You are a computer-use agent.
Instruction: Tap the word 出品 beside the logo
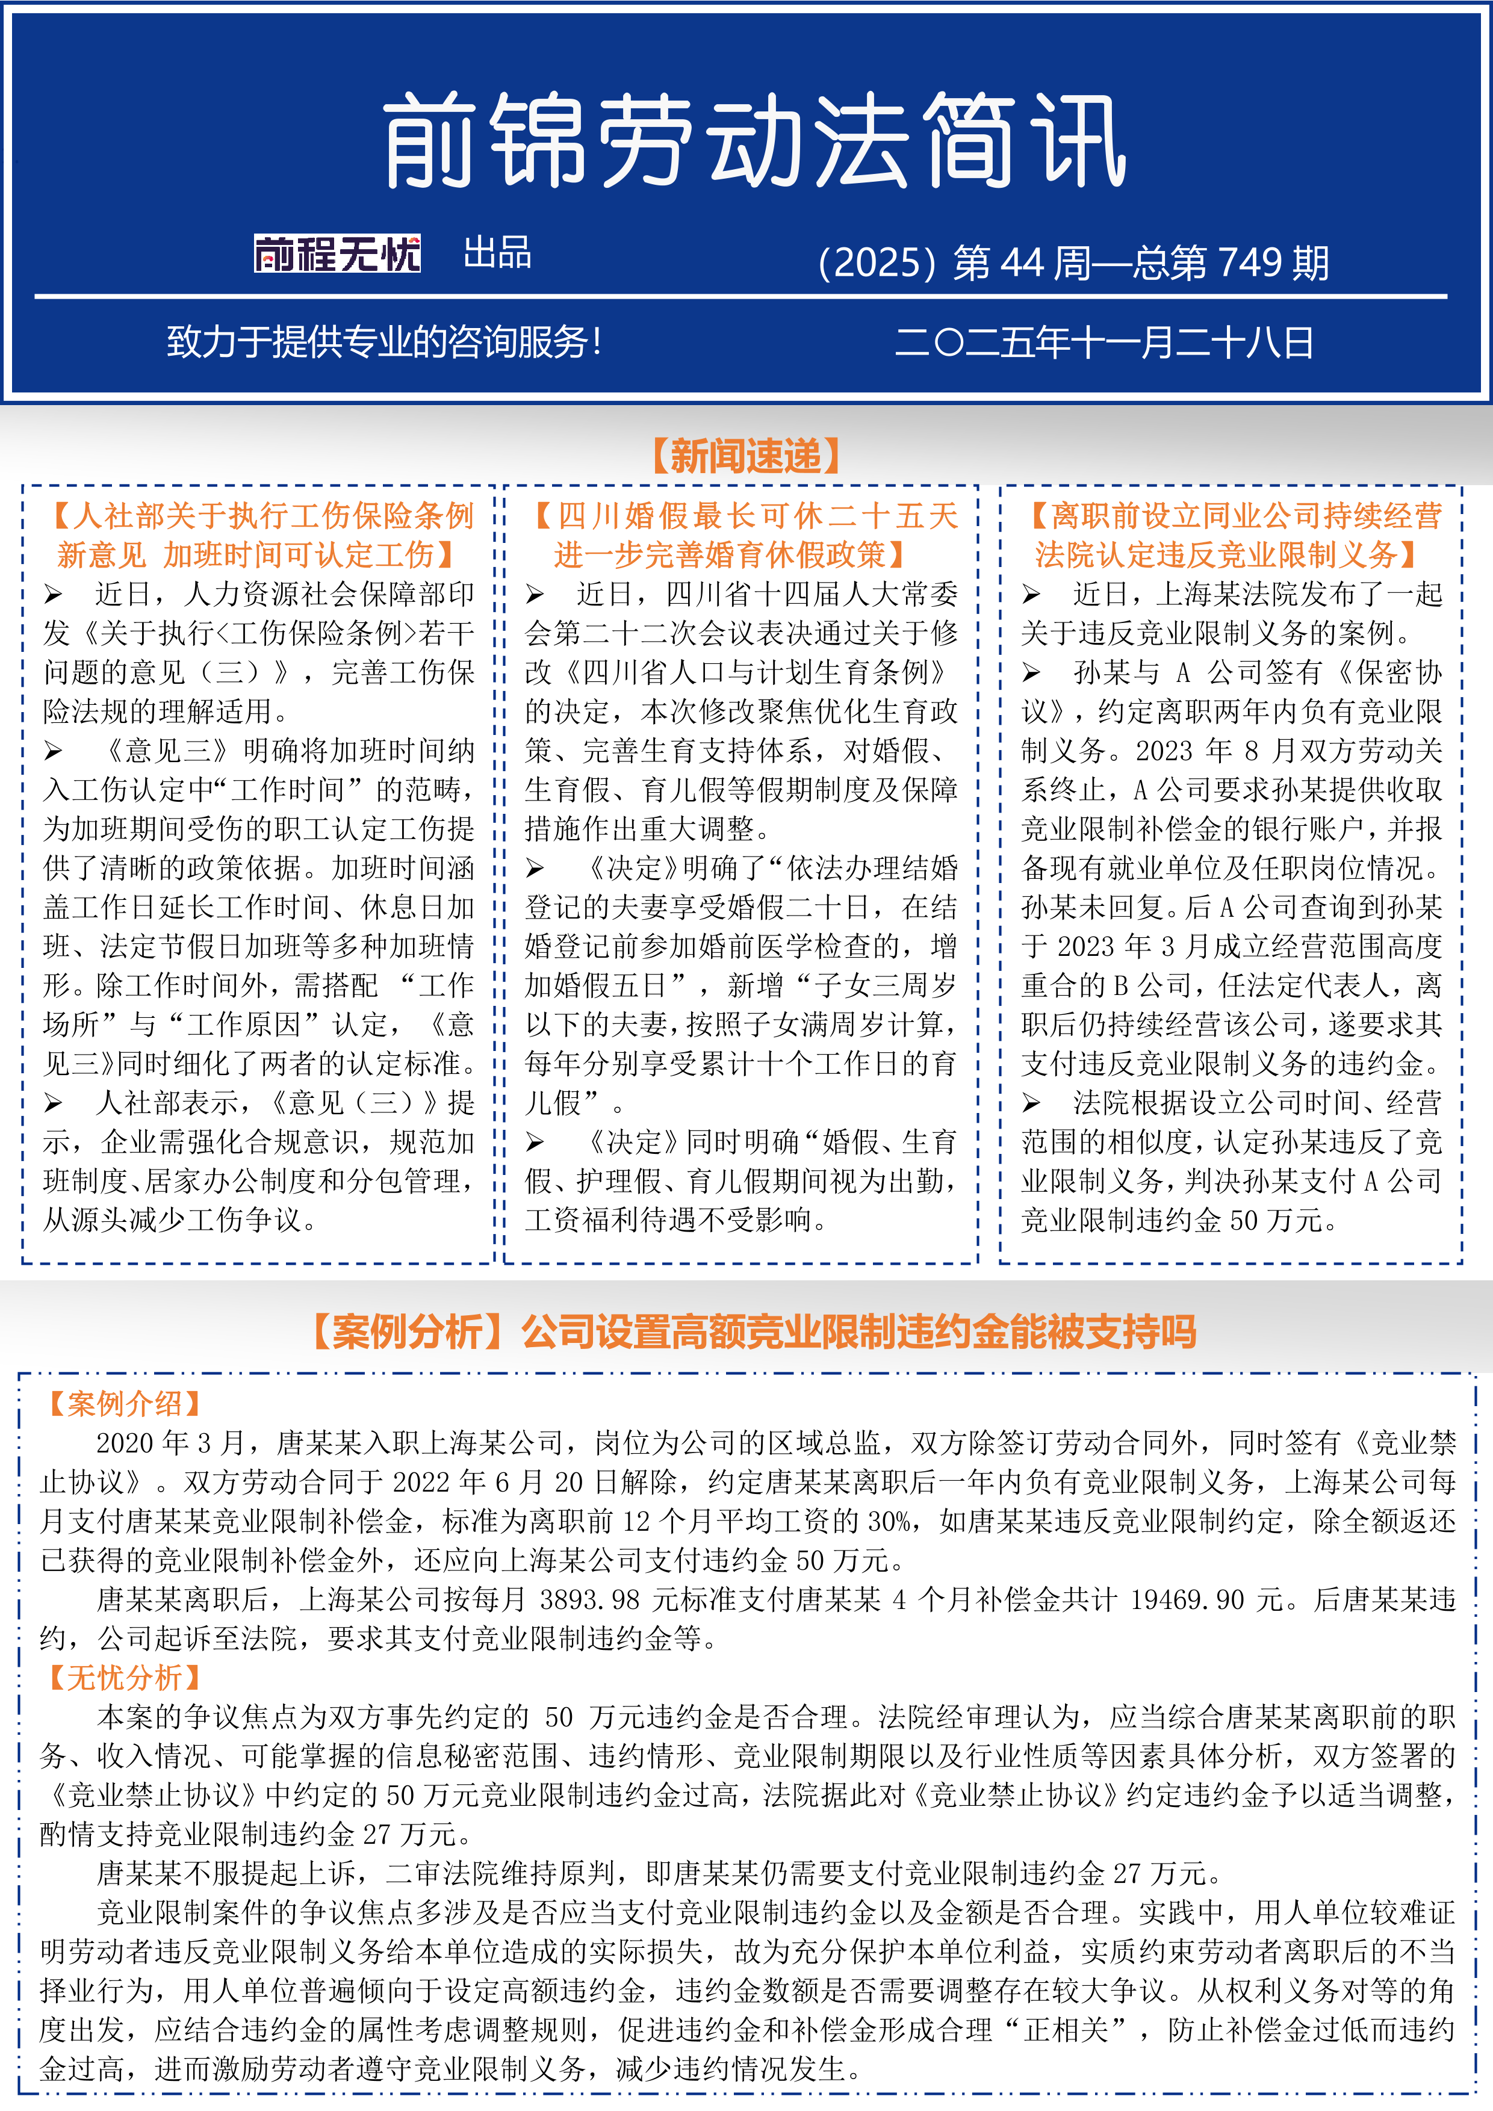tap(497, 253)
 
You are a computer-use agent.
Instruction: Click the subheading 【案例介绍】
tap(124, 1404)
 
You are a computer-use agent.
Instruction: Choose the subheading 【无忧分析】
tap(124, 1678)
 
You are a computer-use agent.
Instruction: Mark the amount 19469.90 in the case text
tap(1187, 1601)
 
